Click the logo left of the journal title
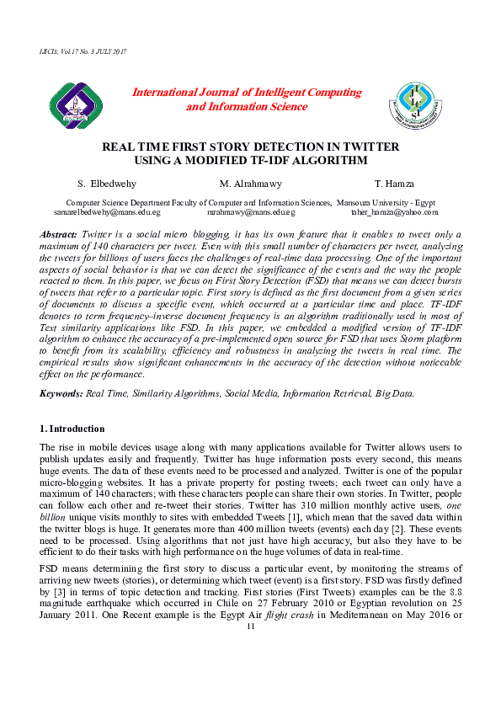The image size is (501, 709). [x=75, y=104]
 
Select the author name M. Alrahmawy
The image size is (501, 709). [x=250, y=184]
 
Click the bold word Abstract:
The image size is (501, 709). [x=60, y=233]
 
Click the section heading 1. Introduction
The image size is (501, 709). [x=72, y=429]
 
